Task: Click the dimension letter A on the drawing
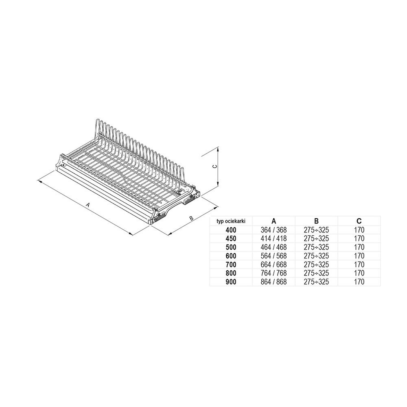coord(88,205)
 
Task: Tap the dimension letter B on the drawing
coord(191,218)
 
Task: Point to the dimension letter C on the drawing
coord(214,166)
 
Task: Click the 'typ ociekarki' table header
coord(231,221)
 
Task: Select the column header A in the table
coord(274,221)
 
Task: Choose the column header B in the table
coord(316,221)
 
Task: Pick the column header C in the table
coord(359,221)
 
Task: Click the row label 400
coord(231,230)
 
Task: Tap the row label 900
coord(231,282)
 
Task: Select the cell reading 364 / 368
coord(274,230)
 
